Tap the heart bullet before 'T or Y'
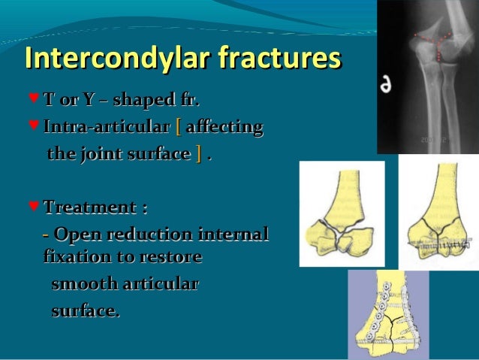point(32,98)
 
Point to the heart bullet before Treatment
point(32,206)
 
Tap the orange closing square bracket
point(199,155)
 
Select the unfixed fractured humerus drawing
point(342,213)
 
